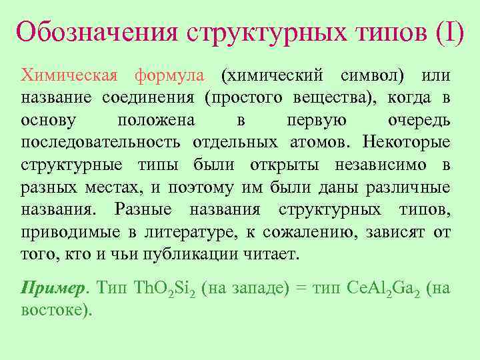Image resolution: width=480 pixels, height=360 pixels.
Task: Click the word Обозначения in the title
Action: (97, 31)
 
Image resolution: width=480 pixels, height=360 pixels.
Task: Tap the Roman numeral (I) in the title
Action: (450, 31)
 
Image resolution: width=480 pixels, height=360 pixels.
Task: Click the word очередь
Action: (419, 121)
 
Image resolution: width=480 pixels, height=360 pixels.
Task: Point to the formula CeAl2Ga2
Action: (384, 288)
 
